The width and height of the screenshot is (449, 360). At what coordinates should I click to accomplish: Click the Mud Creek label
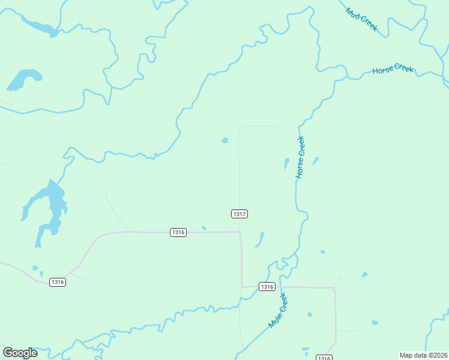pyautogui.click(x=361, y=20)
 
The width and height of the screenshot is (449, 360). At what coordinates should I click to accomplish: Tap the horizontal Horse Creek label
pyautogui.click(x=393, y=70)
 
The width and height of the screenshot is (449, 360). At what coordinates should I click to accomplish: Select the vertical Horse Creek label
pyautogui.click(x=300, y=157)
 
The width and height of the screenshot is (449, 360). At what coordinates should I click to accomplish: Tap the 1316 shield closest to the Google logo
pyautogui.click(x=57, y=282)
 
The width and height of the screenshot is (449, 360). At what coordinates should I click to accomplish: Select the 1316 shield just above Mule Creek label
pyautogui.click(x=267, y=287)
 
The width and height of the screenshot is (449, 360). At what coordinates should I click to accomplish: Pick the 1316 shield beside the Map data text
pyautogui.click(x=324, y=358)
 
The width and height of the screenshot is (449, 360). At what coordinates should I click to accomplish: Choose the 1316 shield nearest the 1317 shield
pyautogui.click(x=178, y=232)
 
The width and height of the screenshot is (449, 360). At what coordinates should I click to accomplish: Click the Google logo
pyautogui.click(x=20, y=353)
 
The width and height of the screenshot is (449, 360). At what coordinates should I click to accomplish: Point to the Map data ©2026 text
pyautogui.click(x=423, y=355)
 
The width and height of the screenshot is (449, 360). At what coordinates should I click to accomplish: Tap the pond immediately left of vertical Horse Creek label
pyautogui.click(x=286, y=163)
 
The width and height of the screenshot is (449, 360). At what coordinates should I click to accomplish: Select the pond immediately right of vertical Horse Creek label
pyautogui.click(x=316, y=160)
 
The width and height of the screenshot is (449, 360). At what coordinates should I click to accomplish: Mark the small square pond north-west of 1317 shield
pyautogui.click(x=224, y=141)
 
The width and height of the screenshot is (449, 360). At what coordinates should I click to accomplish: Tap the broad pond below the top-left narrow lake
pyautogui.click(x=24, y=79)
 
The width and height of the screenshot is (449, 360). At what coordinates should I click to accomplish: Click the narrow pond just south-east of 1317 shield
pyautogui.click(x=260, y=239)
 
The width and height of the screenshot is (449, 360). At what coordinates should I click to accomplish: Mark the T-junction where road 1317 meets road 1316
pyautogui.click(x=240, y=232)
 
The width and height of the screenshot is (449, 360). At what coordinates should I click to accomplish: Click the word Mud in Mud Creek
pyautogui.click(x=354, y=14)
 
